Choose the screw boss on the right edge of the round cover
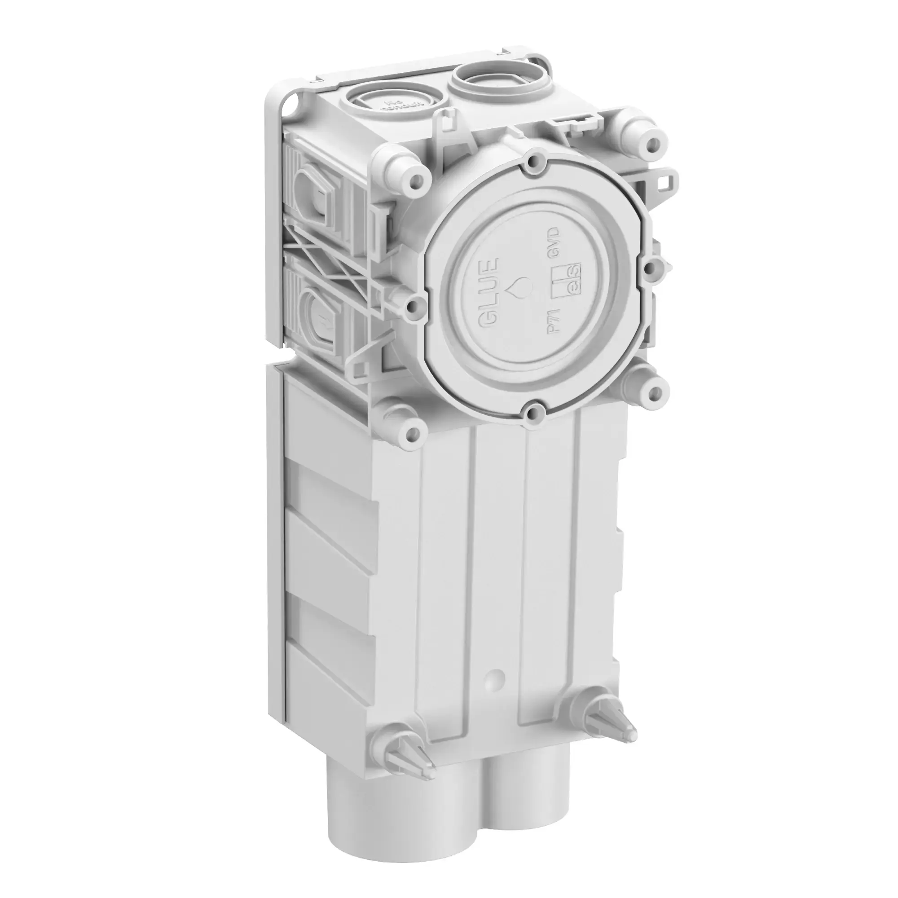(x=651, y=266)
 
